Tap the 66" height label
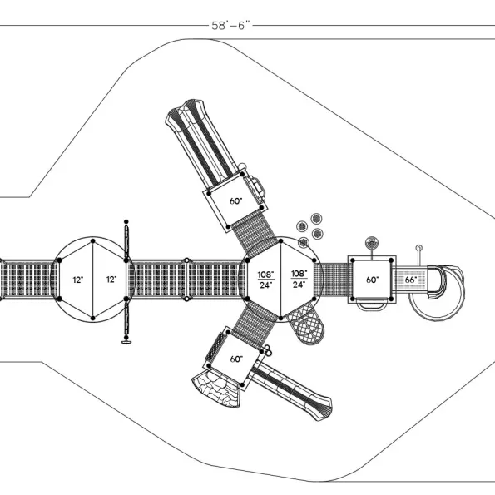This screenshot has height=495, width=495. pos(411,280)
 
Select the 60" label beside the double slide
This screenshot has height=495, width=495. pos(235,201)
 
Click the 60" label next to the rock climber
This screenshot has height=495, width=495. pos(236,359)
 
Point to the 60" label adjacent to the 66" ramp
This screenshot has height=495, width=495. pos(373,280)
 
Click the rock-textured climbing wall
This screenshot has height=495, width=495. pos(215,389)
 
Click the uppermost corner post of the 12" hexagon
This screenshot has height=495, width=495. pos(93,241)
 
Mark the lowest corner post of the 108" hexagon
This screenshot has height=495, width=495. pos(280,318)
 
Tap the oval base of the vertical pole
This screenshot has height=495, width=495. pos(126,342)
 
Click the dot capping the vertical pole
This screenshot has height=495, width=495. pos(126,221)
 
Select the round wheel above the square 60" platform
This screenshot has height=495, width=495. pos(372,243)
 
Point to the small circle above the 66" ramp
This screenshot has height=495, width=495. pos(419,248)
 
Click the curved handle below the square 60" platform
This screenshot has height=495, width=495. pos(372,304)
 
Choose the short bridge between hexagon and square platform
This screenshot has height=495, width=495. pos(335,280)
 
